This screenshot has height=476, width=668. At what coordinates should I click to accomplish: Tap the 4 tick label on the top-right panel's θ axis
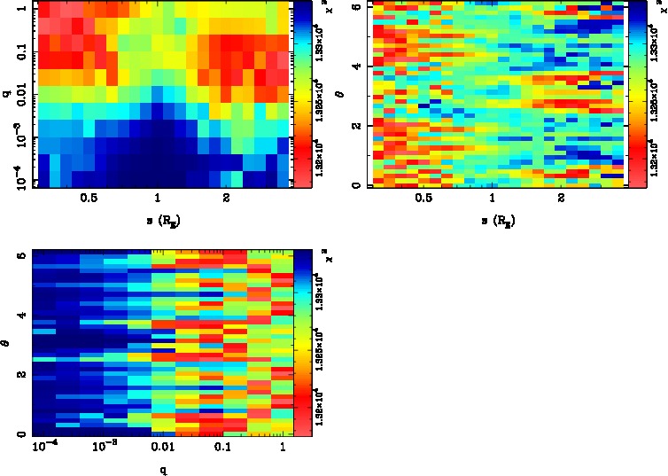click(x=355, y=66)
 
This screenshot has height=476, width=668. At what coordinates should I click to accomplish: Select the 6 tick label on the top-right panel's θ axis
click(x=355, y=7)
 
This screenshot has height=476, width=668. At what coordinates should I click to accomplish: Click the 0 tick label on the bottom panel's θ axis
click(x=19, y=434)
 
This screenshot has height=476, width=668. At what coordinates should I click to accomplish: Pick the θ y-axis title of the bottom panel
click(x=7, y=342)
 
